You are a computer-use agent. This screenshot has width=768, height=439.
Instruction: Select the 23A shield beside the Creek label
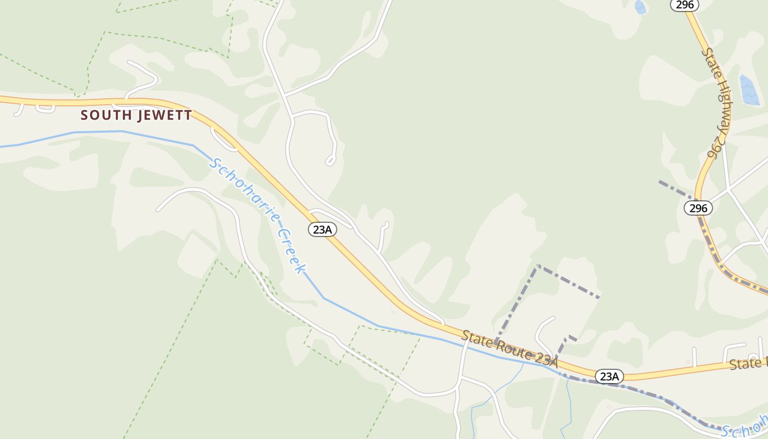[x=322, y=229]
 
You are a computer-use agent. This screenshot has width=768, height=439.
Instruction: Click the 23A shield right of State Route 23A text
[x=609, y=376]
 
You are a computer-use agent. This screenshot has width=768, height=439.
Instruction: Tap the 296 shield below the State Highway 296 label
[x=698, y=208]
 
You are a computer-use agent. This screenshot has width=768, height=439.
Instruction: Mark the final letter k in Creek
[x=301, y=268]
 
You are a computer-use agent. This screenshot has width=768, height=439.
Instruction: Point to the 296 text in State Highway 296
[x=713, y=148]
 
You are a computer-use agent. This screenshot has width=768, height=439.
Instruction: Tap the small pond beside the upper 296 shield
[x=640, y=7]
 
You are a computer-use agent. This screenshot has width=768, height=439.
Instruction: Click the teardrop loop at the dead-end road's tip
[x=330, y=160]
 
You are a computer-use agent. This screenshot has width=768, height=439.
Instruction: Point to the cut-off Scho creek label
[x=744, y=427]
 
